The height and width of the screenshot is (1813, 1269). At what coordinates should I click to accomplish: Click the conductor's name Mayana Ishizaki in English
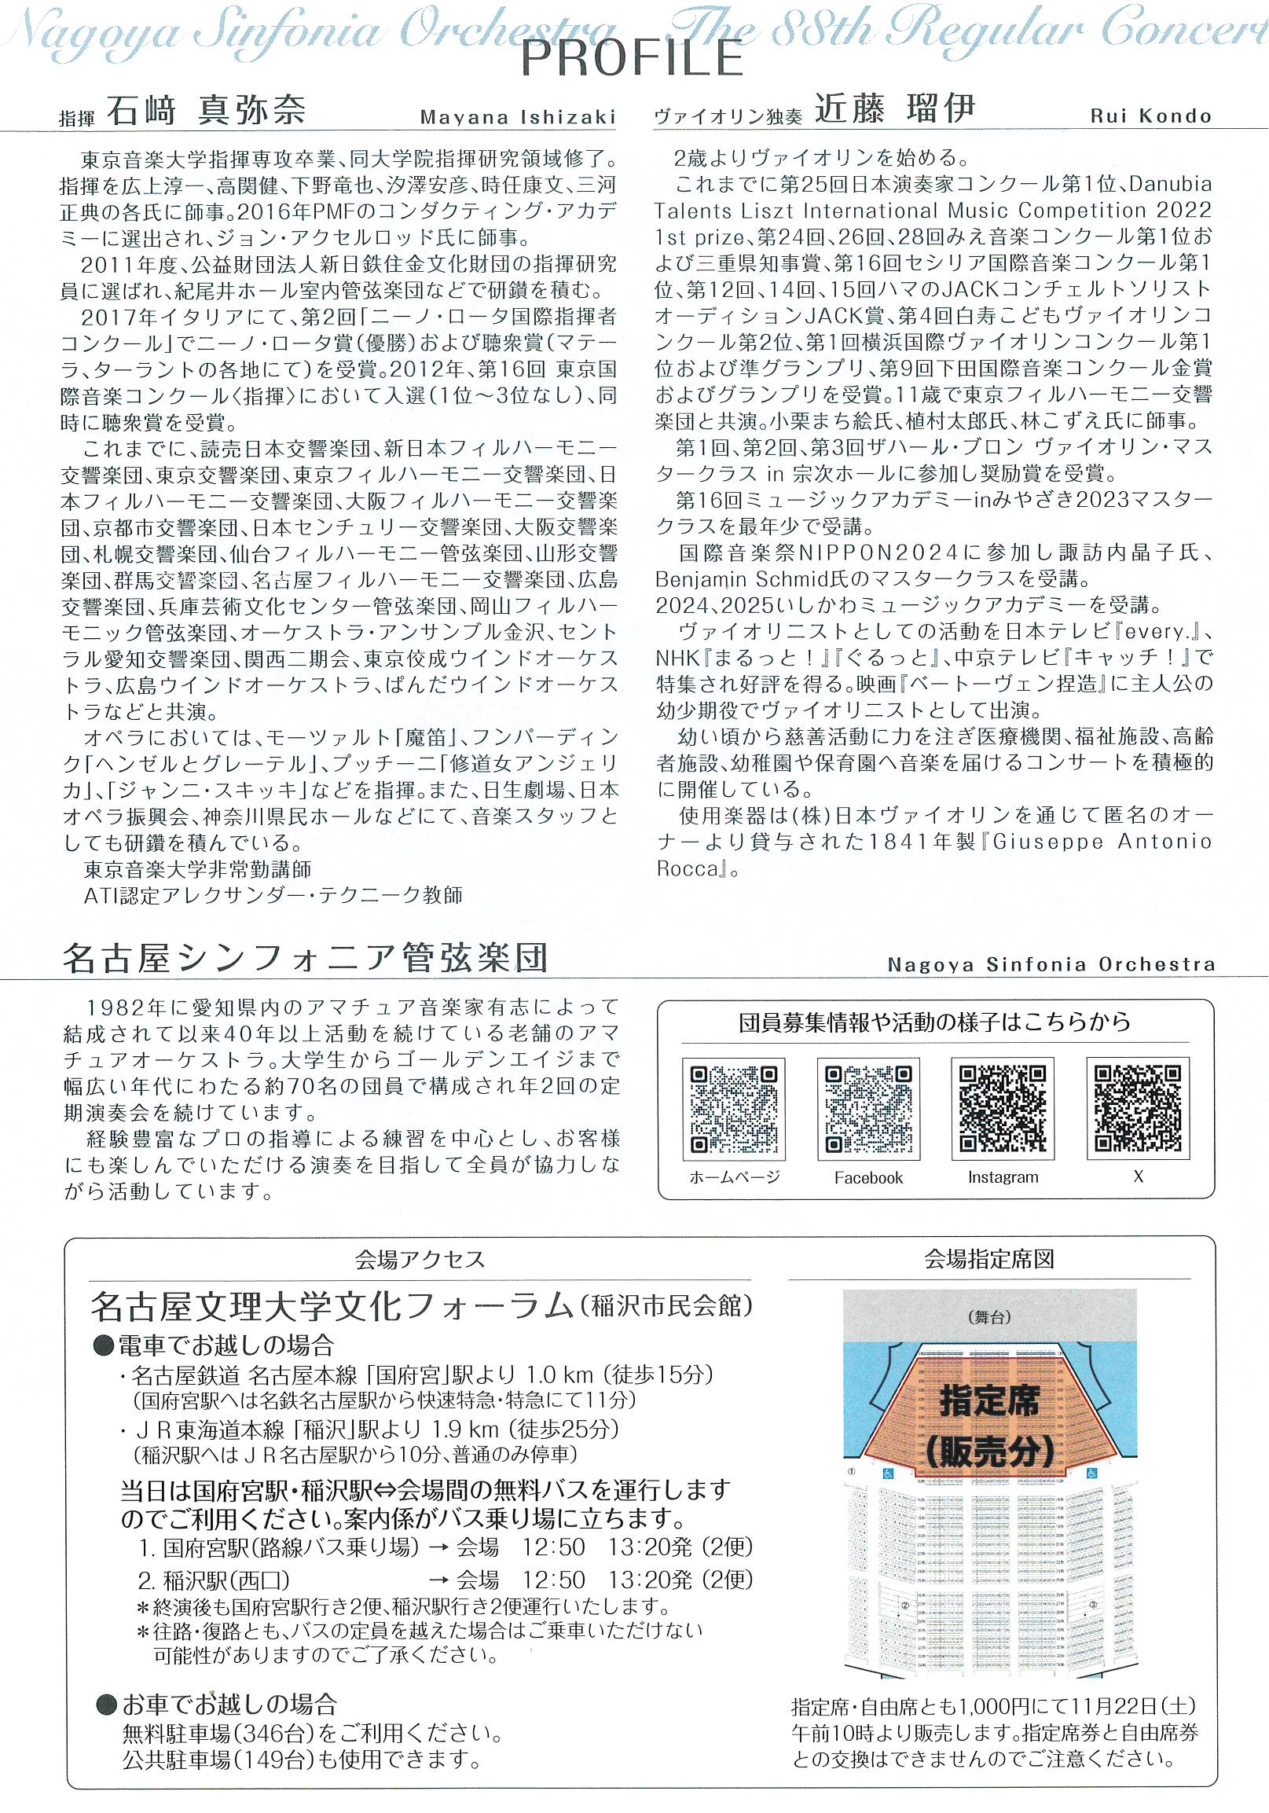517,118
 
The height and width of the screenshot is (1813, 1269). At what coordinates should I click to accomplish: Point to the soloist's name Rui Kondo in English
1150,116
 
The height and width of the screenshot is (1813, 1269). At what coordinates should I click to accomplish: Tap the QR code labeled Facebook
867,1109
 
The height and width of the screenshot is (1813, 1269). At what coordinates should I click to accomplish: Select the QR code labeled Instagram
1002,1108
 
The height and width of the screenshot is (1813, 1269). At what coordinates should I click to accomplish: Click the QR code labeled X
1137,1108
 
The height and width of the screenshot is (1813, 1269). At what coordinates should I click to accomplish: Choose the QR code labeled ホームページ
734,1109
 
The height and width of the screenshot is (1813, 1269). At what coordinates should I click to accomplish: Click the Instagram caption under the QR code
1003,1177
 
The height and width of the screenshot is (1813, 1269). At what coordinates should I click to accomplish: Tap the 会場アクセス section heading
420,1259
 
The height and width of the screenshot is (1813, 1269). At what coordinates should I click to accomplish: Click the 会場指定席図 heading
988,1259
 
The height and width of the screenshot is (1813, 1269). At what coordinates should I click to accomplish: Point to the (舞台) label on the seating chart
988,1316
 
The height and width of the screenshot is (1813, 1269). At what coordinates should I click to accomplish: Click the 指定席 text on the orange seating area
988,1402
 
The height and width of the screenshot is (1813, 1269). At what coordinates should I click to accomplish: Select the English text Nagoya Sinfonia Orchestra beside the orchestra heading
1051,964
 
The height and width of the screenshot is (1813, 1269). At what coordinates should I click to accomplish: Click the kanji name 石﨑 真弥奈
206,111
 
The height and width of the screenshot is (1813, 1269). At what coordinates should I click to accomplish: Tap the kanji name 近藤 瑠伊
895,109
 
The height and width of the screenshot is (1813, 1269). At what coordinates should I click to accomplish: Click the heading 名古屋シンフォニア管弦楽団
305,959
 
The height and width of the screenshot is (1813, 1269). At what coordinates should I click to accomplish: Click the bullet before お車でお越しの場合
107,1704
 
